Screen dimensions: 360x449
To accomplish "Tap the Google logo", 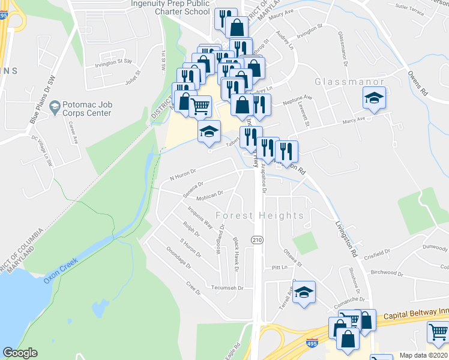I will (x=20, y=353).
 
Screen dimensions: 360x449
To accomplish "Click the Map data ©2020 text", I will (x=424, y=355).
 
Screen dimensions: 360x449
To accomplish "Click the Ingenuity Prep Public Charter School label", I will (x=170, y=6).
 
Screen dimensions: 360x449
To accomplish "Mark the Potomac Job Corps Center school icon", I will (x=55, y=107).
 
